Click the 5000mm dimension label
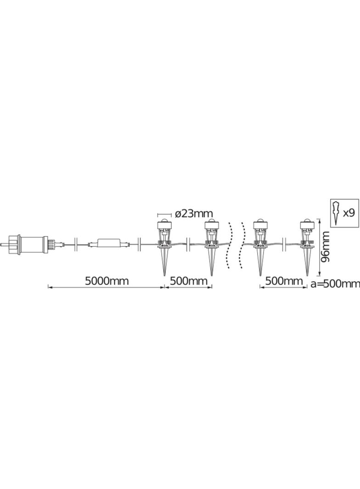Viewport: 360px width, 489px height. [107, 281]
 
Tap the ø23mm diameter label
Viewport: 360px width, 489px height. [194, 214]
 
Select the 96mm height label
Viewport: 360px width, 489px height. [326, 247]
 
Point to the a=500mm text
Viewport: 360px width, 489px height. [335, 284]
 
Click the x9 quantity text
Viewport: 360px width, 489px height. [349, 213]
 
